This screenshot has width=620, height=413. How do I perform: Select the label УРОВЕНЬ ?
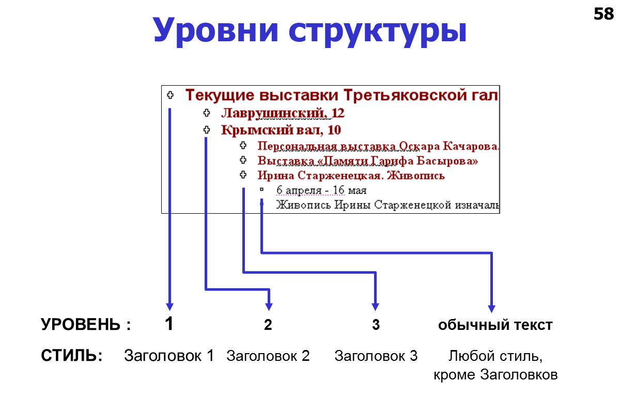pos(86,325)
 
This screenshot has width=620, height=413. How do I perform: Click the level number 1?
pos(169,324)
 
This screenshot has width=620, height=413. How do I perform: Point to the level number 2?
pos(268,325)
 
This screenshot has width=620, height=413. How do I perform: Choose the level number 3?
pos(376,325)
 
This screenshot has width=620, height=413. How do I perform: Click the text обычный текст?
pos(495,325)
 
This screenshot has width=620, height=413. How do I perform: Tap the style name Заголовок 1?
pos(169,356)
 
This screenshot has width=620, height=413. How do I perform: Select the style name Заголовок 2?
pos(268,356)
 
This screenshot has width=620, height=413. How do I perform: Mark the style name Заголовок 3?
pos(376,356)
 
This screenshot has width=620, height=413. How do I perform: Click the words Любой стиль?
pos(495,356)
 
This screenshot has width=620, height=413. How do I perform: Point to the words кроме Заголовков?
pos(495,375)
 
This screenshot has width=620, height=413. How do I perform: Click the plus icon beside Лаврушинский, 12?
pos(207,113)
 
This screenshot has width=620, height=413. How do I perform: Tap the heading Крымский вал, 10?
pos(281,130)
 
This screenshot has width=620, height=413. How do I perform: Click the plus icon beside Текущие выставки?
pos(171,95)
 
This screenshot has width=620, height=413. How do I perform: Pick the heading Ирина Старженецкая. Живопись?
pos(351,176)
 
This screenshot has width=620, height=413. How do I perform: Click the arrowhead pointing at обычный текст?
pos(491,307)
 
